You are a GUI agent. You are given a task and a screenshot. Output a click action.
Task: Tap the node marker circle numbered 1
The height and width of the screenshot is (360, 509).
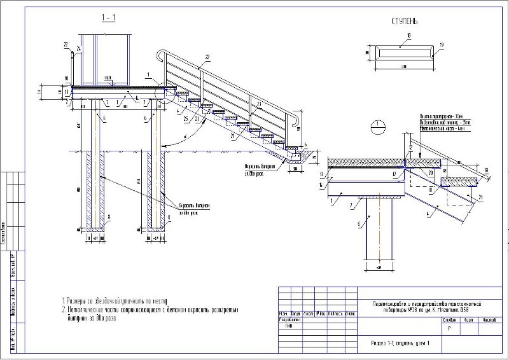point(377,126)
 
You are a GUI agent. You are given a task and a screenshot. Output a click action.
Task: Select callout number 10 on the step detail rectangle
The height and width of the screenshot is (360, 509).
point(407,35)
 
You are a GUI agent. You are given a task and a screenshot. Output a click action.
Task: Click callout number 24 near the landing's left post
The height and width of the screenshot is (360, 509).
point(78,49)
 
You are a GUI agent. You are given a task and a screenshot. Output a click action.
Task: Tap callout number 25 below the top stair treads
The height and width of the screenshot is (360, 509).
point(185,119)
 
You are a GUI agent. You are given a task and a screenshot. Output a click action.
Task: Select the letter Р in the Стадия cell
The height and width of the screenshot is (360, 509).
point(450,329)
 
